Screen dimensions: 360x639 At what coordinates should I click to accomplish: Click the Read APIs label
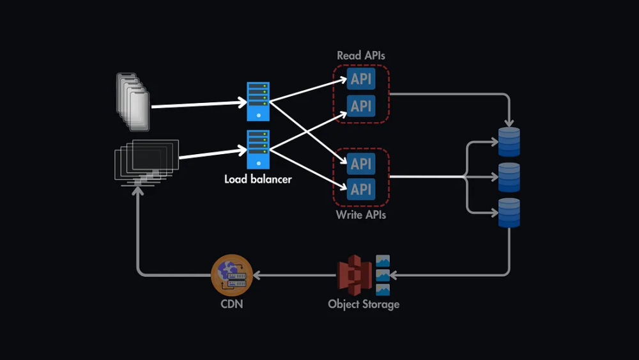(x=361, y=56)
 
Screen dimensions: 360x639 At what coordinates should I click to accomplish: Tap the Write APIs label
(x=361, y=215)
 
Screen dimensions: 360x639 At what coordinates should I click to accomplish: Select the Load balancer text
(x=258, y=179)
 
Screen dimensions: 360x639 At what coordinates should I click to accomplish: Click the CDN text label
(x=231, y=304)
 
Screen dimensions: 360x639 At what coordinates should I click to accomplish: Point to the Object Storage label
(x=364, y=304)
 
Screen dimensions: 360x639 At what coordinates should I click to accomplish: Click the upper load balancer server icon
(x=258, y=101)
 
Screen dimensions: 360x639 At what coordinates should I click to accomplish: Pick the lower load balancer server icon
(x=258, y=150)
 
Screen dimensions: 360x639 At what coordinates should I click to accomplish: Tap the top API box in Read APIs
(x=361, y=79)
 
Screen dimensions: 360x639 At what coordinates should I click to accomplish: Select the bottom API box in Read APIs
(x=361, y=106)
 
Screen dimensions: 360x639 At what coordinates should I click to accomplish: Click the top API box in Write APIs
(x=361, y=163)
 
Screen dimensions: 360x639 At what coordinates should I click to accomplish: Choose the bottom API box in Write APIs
(x=361, y=189)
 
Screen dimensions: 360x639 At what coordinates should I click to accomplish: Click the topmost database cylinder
(x=509, y=142)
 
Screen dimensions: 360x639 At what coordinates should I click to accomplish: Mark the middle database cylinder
(x=509, y=177)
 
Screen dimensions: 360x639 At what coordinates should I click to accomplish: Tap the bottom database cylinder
(x=509, y=212)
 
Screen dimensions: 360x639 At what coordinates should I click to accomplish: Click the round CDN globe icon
(x=232, y=275)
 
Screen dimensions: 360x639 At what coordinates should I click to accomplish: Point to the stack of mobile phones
(x=133, y=102)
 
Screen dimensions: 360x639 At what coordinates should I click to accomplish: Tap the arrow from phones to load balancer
(x=199, y=104)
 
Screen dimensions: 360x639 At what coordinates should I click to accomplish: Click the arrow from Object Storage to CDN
(x=294, y=276)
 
